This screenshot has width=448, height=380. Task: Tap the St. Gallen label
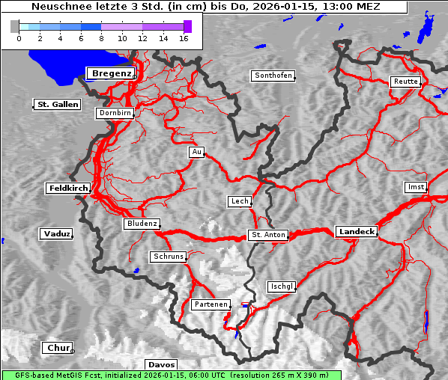point(57,105)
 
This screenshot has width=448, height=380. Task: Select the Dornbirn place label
point(115,114)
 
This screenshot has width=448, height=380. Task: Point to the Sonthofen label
point(273,76)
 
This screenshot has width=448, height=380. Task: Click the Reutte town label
point(405,82)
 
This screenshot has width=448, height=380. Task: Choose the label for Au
point(196,152)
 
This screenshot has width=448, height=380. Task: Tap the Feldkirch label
point(68,189)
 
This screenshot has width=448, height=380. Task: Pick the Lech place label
point(239,201)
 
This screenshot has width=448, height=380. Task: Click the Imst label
point(414,186)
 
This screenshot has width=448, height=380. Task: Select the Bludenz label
point(142,224)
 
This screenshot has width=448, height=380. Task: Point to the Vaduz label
point(56,234)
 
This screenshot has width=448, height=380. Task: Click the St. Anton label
point(267,235)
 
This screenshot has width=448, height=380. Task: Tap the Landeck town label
point(356,232)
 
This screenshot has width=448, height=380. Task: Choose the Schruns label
point(168,257)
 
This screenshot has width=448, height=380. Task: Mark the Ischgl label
point(282,286)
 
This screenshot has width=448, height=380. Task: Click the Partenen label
point(210,304)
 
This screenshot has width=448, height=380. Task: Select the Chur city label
point(57,348)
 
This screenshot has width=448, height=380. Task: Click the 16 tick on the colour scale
point(182,38)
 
